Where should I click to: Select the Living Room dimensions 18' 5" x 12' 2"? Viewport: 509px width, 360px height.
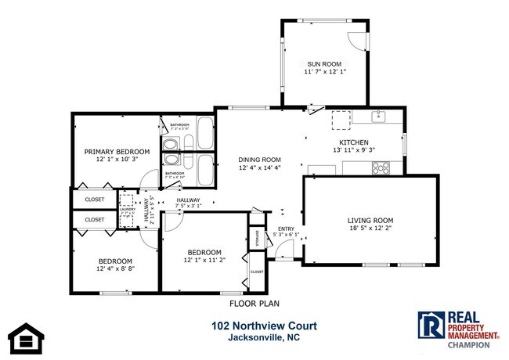[370, 229]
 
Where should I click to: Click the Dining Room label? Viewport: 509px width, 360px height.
[259, 160]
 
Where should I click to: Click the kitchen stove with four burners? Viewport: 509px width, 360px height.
[381, 167]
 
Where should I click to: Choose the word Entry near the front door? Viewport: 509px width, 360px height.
[285, 229]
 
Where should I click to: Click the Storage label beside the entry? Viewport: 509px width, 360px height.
[254, 238]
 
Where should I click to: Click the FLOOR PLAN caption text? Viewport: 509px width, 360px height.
[254, 303]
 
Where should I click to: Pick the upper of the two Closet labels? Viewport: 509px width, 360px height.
[95, 200]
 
